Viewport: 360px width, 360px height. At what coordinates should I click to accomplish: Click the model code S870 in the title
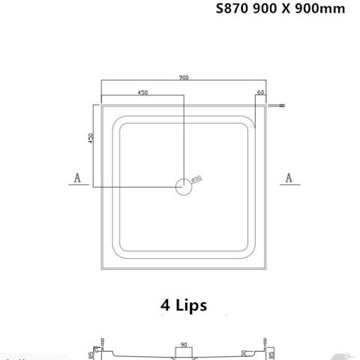tap(231, 10)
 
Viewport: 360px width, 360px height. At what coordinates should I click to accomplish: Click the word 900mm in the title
tap(319, 10)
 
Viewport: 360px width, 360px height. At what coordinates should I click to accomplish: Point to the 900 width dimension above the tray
tap(183, 76)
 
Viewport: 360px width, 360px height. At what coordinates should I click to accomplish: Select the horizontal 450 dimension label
tap(141, 92)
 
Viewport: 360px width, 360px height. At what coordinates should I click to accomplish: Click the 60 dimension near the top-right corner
tap(260, 92)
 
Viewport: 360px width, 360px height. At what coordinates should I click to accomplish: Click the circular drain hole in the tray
tap(183, 186)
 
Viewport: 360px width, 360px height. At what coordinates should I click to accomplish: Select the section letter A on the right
tap(288, 177)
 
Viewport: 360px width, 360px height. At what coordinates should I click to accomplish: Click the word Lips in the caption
tap(191, 305)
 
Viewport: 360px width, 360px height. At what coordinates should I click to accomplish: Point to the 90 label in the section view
tap(183, 346)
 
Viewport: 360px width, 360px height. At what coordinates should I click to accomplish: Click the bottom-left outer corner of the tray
tap(102, 269)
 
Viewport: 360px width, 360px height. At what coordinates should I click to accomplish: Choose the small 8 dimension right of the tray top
tap(281, 106)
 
